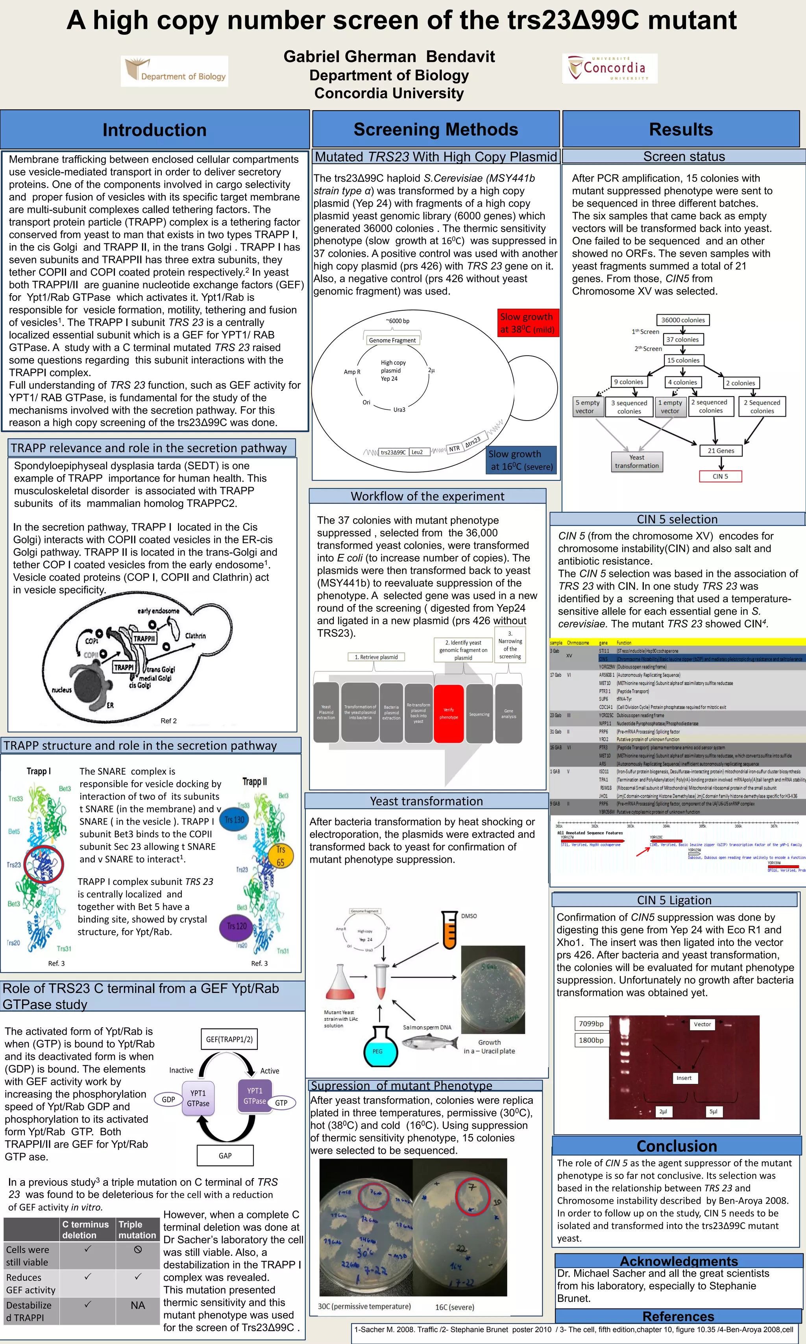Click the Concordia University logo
(609, 69)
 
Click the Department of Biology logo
(174, 71)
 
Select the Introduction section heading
(155, 130)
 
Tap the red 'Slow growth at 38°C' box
(527, 323)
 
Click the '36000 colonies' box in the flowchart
(683, 320)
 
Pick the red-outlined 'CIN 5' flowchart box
(720, 476)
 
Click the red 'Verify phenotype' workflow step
(449, 713)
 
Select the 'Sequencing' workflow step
(479, 714)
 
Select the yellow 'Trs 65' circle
(280, 855)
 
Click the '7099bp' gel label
(591, 1023)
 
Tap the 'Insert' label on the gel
(684, 1078)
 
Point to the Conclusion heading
(677, 1146)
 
